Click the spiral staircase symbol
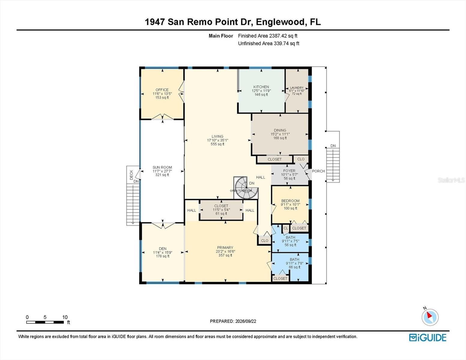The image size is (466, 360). [246, 188]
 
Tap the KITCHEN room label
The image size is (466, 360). [261, 87]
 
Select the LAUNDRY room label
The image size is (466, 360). [297, 88]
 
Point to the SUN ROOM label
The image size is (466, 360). [162, 167]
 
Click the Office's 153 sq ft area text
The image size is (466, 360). [162, 97]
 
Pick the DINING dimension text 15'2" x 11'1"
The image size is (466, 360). [280, 134]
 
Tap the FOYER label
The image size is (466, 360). [289, 171]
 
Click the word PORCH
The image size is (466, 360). [318, 171]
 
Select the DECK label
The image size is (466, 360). [131, 175]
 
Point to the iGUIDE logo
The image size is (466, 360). [428, 338]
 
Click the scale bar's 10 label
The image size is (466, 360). [65, 317]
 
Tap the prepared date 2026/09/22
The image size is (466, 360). [246, 321]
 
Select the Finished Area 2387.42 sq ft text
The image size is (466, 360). [268, 36]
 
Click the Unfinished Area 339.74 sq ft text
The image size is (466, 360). [268, 43]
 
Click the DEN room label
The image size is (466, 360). [162, 249]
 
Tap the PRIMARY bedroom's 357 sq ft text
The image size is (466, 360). [225, 255]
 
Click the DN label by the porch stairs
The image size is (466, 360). [333, 146]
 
